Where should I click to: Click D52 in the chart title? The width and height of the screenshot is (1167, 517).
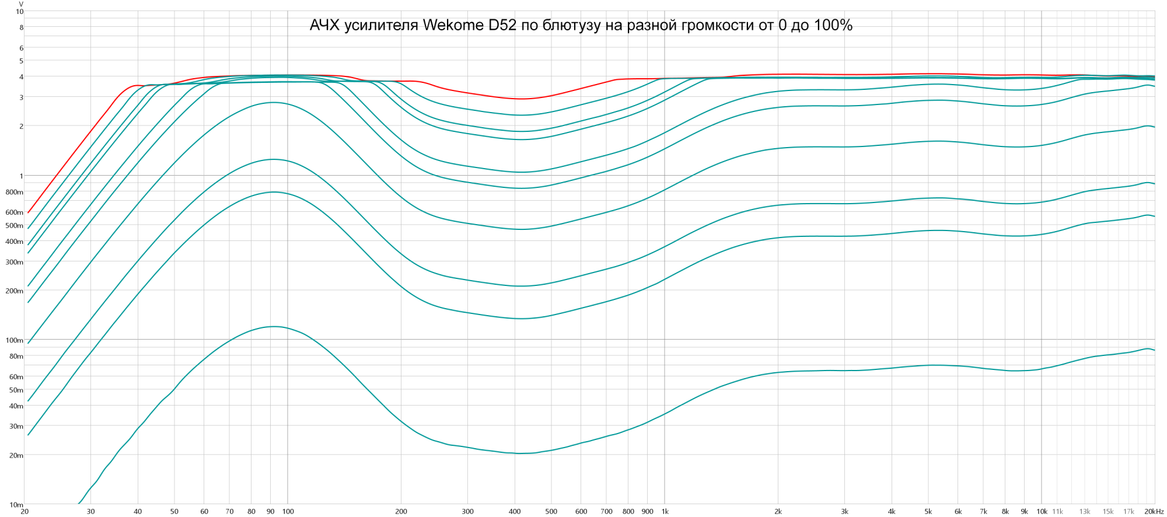click(x=502, y=25)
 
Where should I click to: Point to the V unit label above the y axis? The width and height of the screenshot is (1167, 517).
click(x=21, y=4)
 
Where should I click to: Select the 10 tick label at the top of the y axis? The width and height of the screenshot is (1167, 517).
click(x=20, y=12)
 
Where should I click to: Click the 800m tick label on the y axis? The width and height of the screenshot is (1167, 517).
click(x=15, y=192)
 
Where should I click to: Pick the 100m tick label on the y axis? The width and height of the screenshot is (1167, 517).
click(x=15, y=340)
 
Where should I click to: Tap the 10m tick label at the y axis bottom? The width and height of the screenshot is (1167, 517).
click(x=16, y=505)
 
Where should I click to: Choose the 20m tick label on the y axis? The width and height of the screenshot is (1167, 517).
click(x=16, y=456)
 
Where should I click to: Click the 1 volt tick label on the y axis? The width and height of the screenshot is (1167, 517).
click(x=21, y=176)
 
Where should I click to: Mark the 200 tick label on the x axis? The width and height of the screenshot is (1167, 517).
click(x=401, y=512)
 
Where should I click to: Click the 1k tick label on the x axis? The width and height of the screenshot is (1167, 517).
click(x=665, y=512)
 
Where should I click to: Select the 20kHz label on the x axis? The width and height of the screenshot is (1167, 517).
click(x=1154, y=512)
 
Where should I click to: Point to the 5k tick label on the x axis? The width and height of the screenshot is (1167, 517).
click(x=928, y=512)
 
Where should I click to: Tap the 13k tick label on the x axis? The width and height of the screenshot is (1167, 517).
click(x=1084, y=512)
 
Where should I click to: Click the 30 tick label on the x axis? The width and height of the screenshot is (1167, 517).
click(x=90, y=512)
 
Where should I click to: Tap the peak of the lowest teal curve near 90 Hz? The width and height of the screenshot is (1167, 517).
click(x=273, y=326)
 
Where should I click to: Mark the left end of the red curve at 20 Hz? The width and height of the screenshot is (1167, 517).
click(x=28, y=212)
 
